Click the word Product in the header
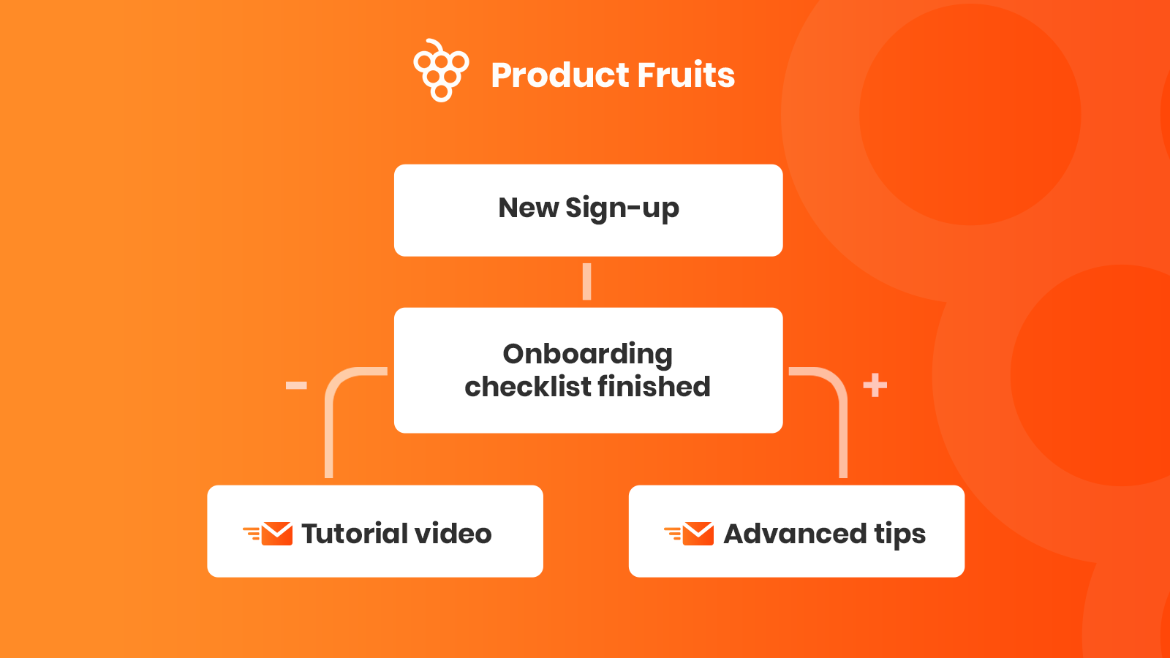[559, 75]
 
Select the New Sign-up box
[588, 210]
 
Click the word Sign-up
[622, 209]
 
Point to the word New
[529, 208]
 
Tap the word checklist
[527, 387]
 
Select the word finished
[654, 387]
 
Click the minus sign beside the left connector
[296, 385]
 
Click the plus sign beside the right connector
[875, 385]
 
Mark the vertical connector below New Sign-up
[586, 281]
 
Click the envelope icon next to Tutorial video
[268, 533]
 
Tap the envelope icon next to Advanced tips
[689, 533]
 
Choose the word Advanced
[795, 533]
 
